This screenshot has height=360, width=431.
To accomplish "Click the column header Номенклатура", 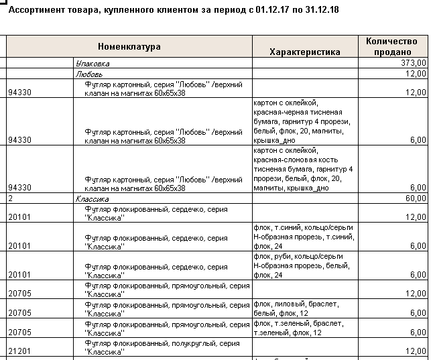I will (x=129, y=47).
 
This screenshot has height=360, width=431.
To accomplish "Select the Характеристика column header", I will (x=304, y=52).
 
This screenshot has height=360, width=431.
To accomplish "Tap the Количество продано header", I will (x=393, y=46).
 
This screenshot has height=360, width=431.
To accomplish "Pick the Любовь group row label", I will (x=88, y=74).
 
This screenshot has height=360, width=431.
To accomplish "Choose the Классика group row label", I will (x=93, y=199).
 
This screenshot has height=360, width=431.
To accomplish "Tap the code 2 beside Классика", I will (x=11, y=199).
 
